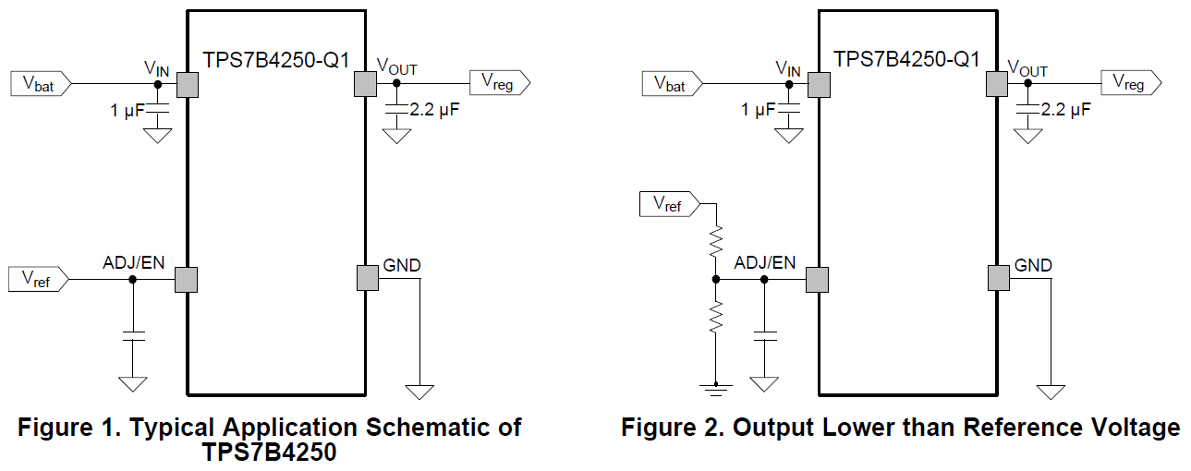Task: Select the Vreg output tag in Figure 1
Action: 500,83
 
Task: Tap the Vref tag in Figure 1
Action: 38,279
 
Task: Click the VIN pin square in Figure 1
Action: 188,85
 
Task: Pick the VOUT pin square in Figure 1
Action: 366,85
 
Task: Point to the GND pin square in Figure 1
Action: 366,277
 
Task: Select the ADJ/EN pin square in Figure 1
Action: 188,279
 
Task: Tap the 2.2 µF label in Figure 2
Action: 1065,109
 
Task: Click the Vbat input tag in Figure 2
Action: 672,84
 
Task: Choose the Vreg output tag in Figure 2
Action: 1130,83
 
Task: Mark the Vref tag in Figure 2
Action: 670,205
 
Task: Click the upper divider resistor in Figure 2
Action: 715,242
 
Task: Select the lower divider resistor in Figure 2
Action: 715,319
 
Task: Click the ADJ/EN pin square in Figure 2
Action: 818,279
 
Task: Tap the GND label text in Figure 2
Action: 1033,265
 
